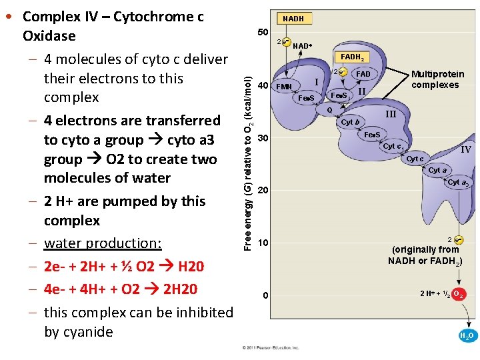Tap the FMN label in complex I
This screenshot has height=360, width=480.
284,87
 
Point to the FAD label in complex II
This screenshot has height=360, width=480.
363,73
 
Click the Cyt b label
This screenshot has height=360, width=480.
350,122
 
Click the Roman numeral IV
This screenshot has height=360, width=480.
466,149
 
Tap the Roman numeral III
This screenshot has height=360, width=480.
391,115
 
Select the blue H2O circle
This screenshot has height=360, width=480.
467,336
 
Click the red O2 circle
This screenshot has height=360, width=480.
459,294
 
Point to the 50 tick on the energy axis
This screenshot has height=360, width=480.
263,32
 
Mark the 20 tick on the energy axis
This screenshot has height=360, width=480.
263,191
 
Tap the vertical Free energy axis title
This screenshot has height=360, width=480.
247,153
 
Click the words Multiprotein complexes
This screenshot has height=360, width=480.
437,80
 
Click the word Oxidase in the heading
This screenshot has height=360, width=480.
49,35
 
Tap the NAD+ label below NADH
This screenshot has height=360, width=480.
302,46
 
